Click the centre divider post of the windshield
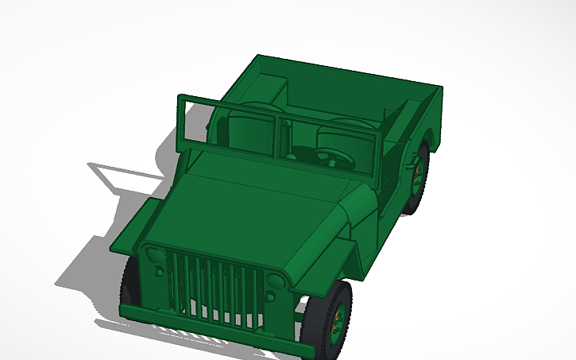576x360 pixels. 279,137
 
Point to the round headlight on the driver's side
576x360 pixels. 275,281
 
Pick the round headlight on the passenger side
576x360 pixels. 153,256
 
